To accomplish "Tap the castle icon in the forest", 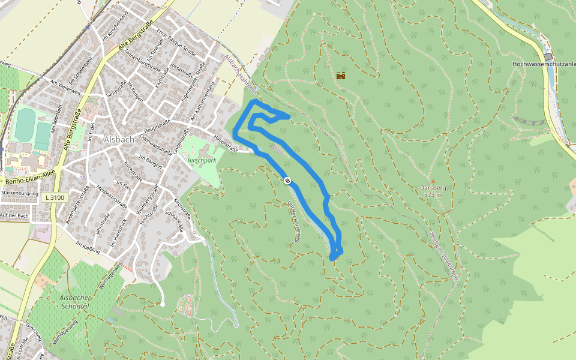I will click(341, 76).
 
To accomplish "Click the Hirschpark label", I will click(202, 161).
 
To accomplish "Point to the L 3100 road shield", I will click(54, 197).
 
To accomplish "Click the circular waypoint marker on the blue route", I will click(288, 181).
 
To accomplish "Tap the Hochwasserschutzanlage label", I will click(544, 63).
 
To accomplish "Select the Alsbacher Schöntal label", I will click(74, 301).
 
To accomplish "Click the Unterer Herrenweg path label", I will click(294, 221).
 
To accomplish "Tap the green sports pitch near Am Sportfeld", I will click(25, 125).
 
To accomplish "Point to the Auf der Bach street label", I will click(15, 215).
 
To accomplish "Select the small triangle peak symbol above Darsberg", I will click(432, 179).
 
